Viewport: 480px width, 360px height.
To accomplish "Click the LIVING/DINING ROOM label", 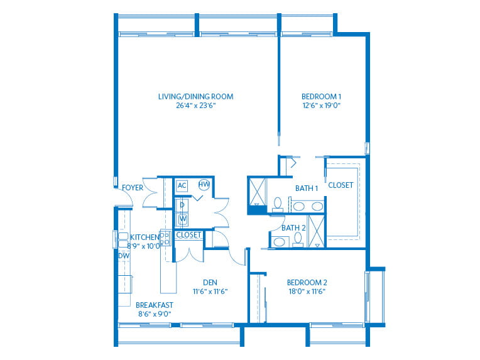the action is (x=195, y=97).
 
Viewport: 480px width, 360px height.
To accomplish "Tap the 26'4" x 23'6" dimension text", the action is (x=196, y=106).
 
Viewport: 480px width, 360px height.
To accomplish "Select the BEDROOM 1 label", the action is (x=321, y=97).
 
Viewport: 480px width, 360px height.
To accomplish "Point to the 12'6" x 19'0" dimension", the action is (x=322, y=106).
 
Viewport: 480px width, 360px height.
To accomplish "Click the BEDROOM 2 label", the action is (x=307, y=283).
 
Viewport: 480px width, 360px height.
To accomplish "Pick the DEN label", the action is (x=210, y=283).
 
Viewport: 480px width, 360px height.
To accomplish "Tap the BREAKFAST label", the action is (x=155, y=305).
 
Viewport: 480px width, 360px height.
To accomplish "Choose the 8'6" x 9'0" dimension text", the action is (x=155, y=314).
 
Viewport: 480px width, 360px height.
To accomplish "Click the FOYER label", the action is (x=132, y=188).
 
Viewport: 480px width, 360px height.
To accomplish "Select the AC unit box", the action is (x=182, y=185).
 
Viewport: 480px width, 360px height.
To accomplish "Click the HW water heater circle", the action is (x=204, y=184).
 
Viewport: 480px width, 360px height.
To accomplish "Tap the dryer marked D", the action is (x=182, y=205).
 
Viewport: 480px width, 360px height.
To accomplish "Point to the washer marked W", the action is (x=182, y=219).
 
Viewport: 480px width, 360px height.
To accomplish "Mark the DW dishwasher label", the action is (x=124, y=256).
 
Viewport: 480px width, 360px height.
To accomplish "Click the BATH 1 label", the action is (x=307, y=188).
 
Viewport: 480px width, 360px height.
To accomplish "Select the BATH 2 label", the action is (x=293, y=228).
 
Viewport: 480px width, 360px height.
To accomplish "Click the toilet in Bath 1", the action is (x=278, y=205).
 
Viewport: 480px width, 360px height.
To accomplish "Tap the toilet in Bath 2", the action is (x=298, y=240).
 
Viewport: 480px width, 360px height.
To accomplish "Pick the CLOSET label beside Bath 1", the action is (x=341, y=185).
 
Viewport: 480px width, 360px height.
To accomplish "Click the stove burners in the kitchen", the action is (x=165, y=239).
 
